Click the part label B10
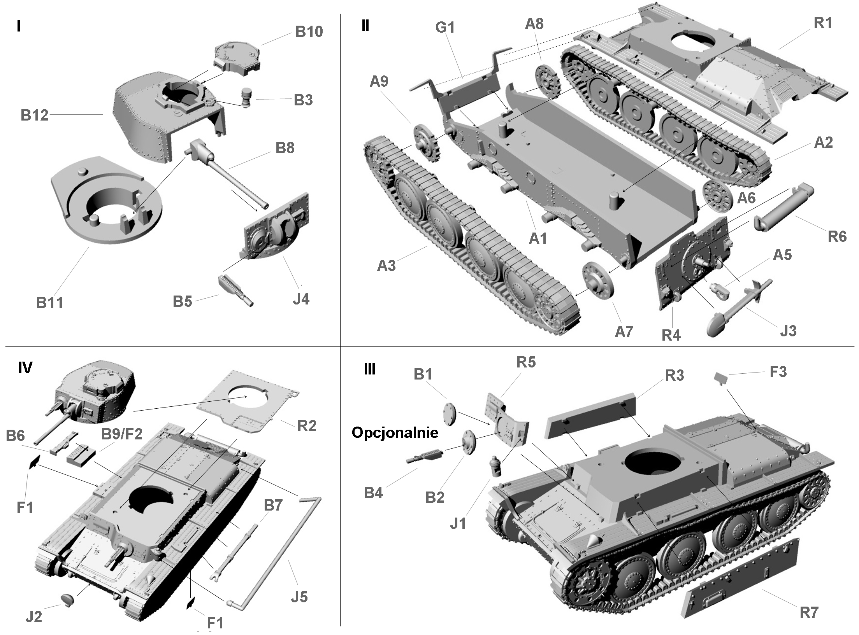309,31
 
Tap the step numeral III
369,369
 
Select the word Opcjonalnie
395,432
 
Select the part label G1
445,28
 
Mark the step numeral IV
25,367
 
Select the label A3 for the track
386,266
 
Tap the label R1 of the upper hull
823,23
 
